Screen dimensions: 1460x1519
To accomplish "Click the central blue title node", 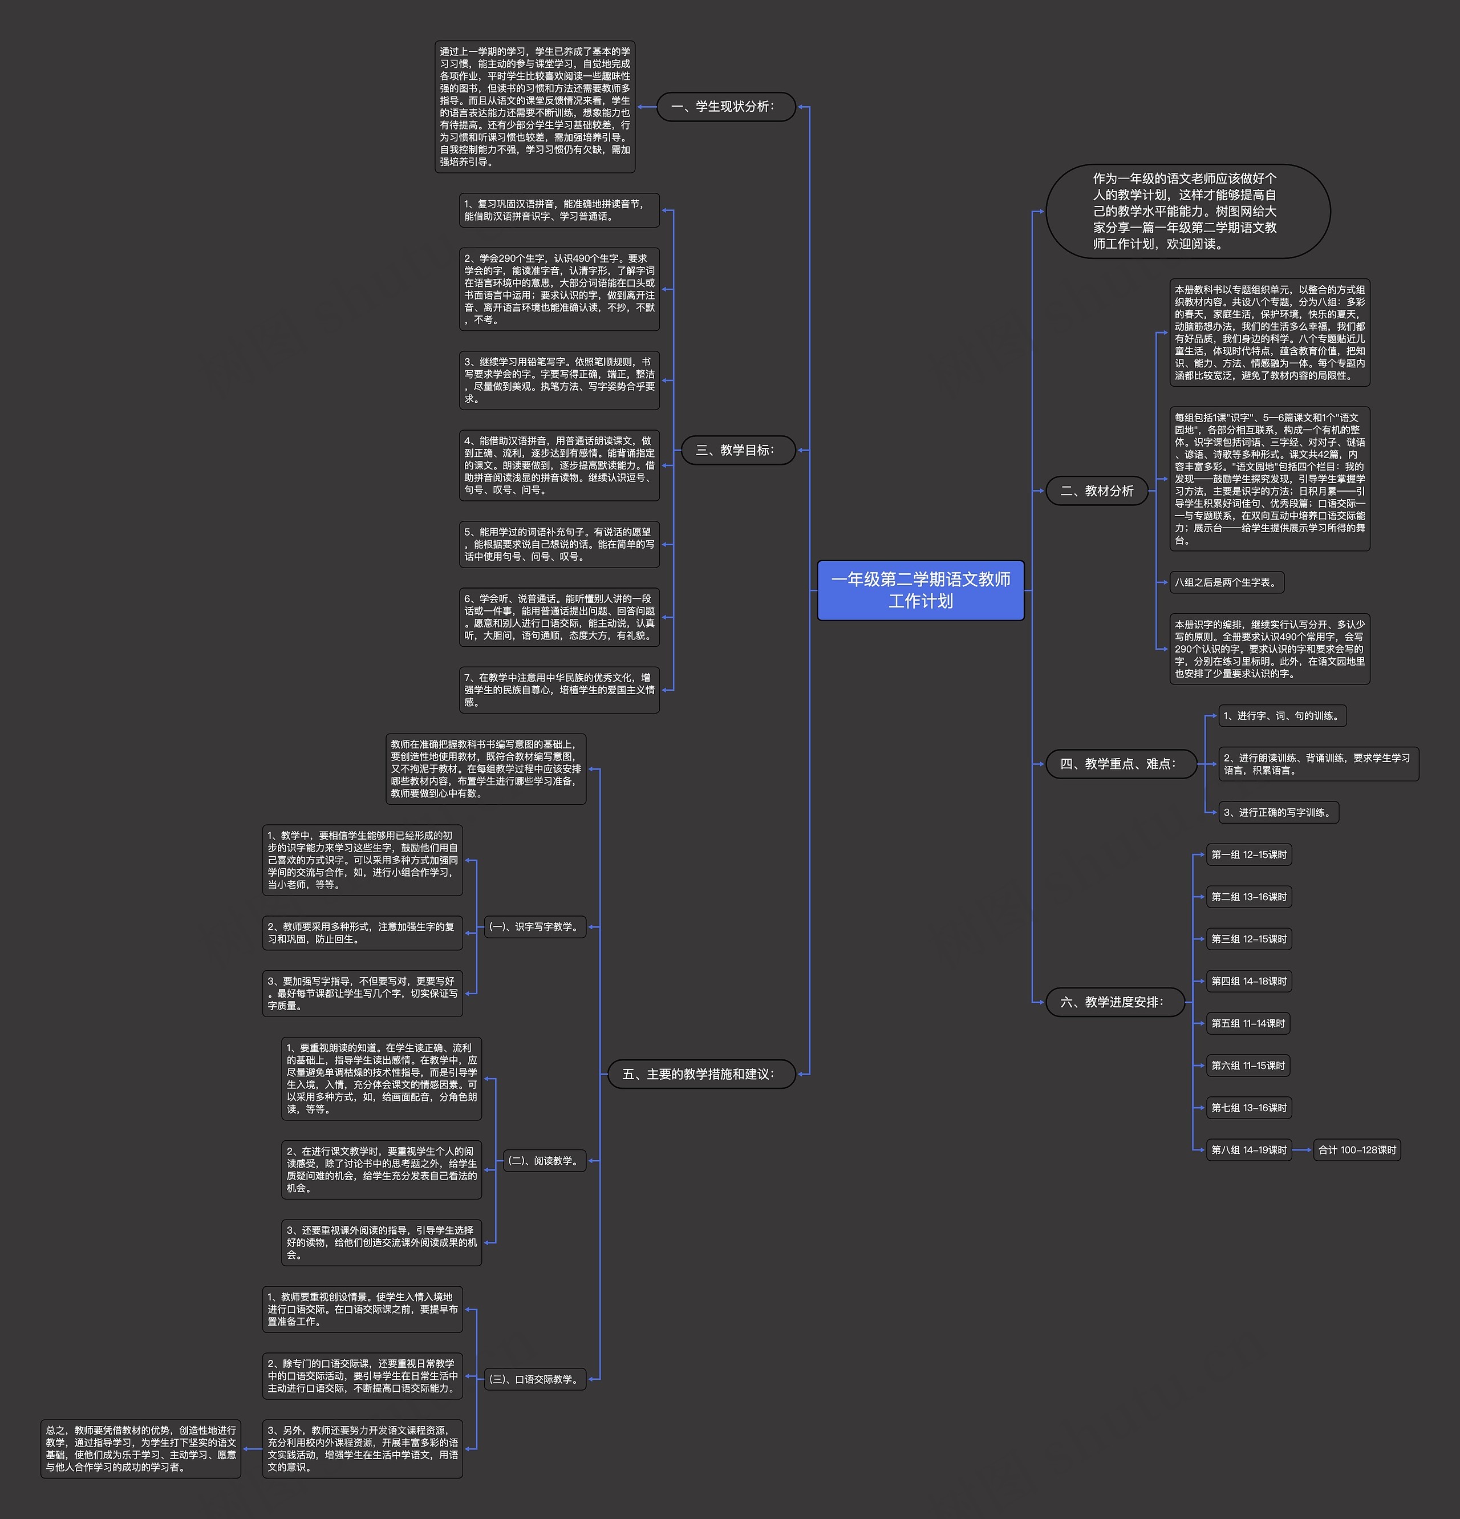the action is click(920, 590).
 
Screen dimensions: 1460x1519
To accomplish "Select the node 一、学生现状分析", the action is click(726, 107).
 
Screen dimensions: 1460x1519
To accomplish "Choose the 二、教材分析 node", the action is click(1097, 491).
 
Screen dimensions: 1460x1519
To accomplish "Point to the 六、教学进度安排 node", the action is click(1114, 1002).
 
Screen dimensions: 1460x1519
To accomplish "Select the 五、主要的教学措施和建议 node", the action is click(701, 1074).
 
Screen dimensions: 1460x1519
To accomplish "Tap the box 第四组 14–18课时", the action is click(1248, 981).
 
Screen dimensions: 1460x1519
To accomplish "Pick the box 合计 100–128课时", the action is click(1357, 1150).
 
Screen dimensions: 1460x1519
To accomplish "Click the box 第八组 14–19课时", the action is click(1248, 1150).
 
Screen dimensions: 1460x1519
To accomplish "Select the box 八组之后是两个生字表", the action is click(1227, 582).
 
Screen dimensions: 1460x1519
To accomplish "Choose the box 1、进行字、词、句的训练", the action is click(1281, 716).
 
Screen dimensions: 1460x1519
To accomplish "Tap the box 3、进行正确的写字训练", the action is click(1279, 812).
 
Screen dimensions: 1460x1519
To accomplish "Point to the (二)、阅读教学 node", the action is click(544, 1161).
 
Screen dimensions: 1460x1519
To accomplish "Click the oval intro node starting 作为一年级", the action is click(1187, 211).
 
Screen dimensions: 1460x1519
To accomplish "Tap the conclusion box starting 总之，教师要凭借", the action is click(141, 1448).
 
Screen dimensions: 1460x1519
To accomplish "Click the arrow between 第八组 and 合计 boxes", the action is click(1303, 1150).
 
